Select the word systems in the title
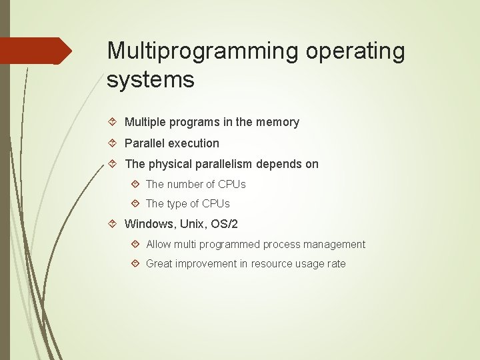[151, 80]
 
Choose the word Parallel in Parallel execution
[145, 143]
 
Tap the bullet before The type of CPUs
[135, 203]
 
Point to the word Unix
[193, 224]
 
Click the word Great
[159, 263]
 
